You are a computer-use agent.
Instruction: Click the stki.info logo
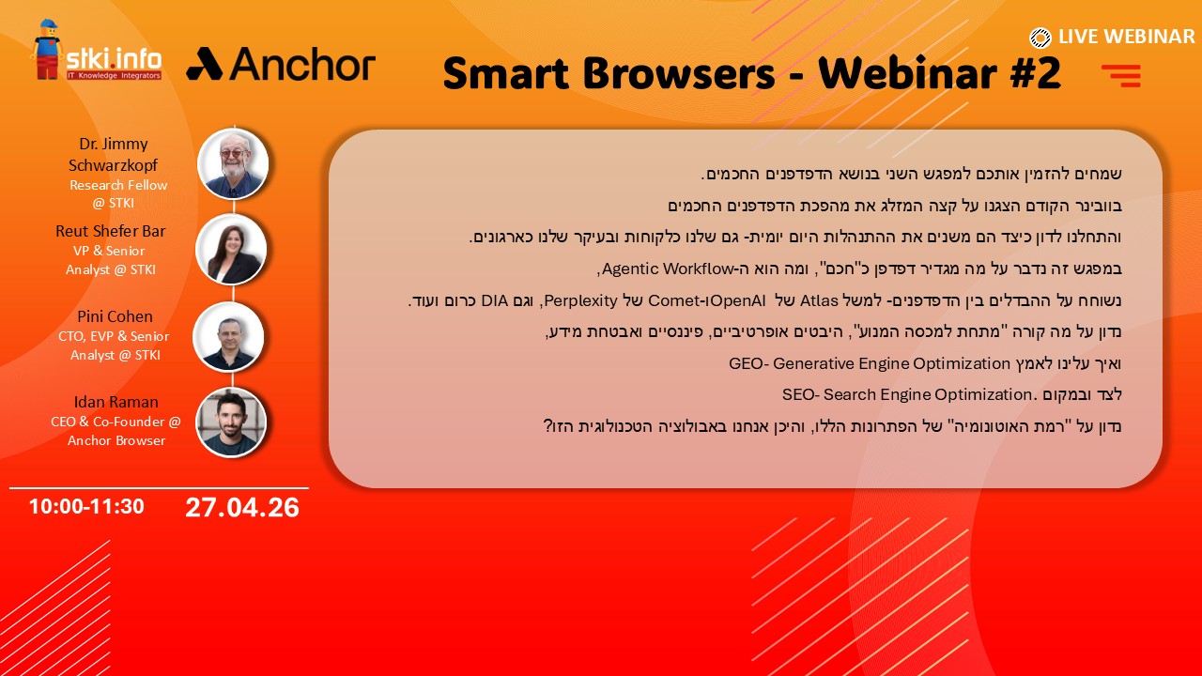click(x=97, y=51)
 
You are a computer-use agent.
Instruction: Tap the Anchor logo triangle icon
click(x=205, y=64)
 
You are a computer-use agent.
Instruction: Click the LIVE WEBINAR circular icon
click(x=1040, y=38)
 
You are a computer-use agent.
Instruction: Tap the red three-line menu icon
click(x=1121, y=76)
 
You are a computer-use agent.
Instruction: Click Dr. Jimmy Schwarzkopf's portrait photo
click(x=233, y=163)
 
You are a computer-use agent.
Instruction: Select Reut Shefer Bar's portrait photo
click(x=231, y=249)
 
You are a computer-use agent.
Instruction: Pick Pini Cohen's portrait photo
click(x=228, y=336)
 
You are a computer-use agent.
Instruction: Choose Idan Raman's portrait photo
click(x=231, y=422)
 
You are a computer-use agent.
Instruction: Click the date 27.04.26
click(x=242, y=508)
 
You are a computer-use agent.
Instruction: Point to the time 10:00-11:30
click(x=86, y=506)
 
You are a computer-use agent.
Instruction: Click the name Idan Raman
click(x=116, y=402)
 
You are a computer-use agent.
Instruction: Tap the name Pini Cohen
click(x=115, y=316)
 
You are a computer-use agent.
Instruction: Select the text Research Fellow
click(x=118, y=185)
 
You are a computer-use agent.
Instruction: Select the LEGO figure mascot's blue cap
click(x=47, y=24)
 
